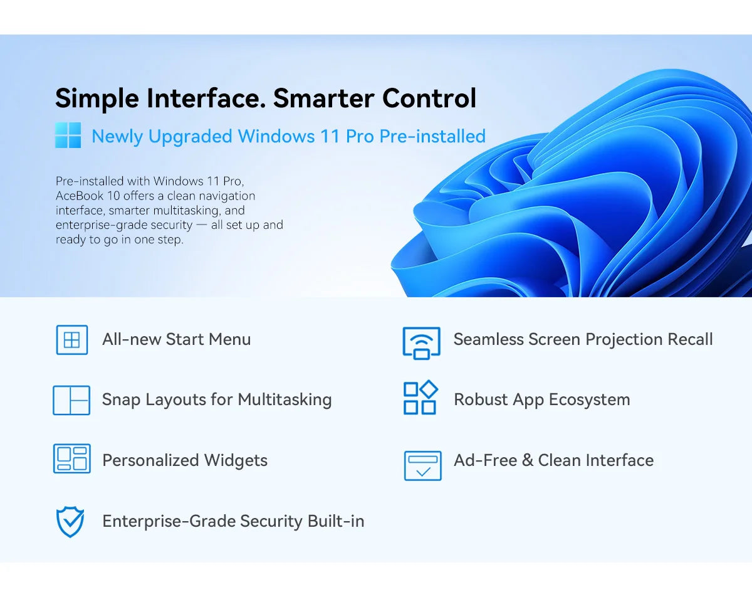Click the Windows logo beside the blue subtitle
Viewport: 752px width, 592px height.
(68, 135)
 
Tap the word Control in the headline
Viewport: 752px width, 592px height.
(429, 98)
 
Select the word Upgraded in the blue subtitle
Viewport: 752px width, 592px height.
(190, 137)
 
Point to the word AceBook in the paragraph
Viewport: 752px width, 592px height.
(80, 196)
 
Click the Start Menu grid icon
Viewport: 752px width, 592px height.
(72, 340)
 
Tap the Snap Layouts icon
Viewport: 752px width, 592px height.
(71, 400)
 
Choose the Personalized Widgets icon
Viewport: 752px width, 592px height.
(72, 458)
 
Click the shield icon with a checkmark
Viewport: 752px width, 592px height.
(70, 522)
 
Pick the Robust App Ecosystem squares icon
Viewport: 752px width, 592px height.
(420, 398)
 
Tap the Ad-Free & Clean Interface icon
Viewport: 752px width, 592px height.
(422, 466)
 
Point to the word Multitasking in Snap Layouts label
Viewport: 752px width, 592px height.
(285, 399)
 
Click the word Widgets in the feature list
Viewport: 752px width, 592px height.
(236, 460)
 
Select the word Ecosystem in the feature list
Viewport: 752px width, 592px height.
(590, 400)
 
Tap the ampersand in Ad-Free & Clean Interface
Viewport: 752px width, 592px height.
(528, 460)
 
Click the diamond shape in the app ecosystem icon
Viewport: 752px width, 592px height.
(429, 389)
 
